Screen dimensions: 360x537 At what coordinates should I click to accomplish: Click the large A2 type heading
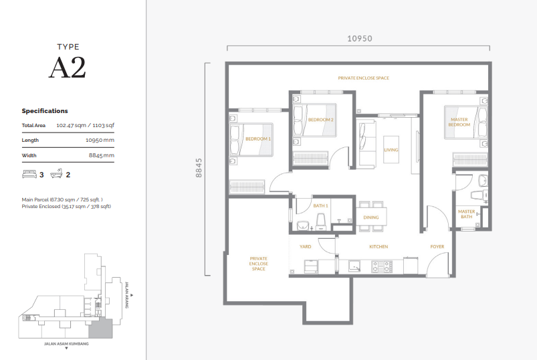click(67, 68)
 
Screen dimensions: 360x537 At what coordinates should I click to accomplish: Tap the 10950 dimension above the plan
click(358, 38)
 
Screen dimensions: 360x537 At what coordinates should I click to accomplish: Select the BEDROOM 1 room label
click(257, 139)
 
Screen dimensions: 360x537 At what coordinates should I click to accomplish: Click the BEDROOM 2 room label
click(320, 120)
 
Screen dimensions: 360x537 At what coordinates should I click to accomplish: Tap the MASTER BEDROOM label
click(459, 122)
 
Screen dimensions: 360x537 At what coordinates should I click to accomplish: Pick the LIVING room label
click(391, 150)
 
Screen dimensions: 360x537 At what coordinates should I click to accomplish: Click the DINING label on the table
click(370, 217)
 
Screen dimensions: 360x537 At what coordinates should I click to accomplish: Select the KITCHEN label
click(379, 247)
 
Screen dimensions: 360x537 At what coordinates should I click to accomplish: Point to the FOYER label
click(437, 247)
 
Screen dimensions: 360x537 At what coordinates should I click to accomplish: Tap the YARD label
click(305, 247)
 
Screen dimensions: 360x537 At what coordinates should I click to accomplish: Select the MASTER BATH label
click(466, 214)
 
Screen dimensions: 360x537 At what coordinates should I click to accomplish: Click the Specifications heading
click(45, 111)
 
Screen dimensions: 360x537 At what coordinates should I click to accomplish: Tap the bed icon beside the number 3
click(29, 175)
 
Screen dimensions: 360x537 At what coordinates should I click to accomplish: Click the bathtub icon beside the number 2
click(56, 175)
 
